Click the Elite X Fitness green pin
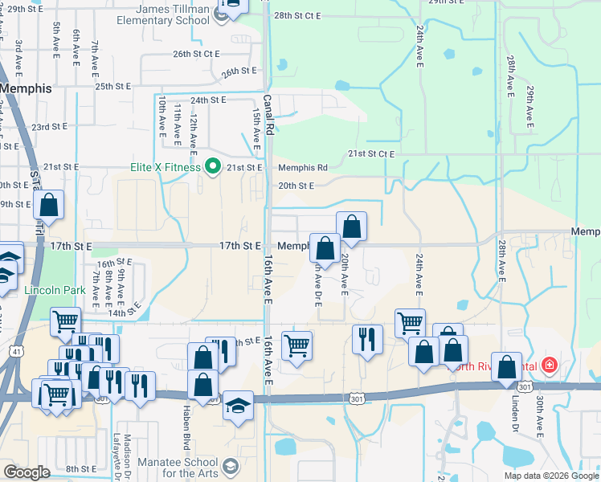pyautogui.click(x=213, y=167)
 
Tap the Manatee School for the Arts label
pyautogui.click(x=178, y=468)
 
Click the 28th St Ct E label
pyautogui.click(x=296, y=15)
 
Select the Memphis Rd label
pyautogui.click(x=303, y=168)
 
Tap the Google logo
pyautogui.click(x=27, y=472)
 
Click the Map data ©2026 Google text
pyautogui.click(x=550, y=476)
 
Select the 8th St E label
pyautogui.click(x=81, y=468)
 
